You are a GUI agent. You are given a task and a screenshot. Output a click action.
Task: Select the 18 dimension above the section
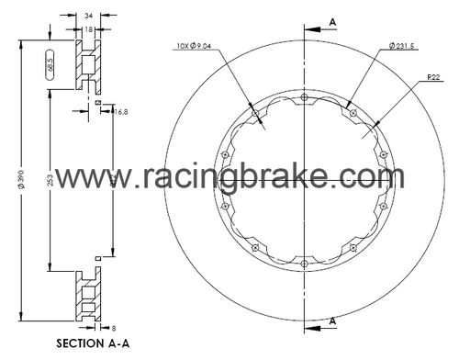(x=87, y=29)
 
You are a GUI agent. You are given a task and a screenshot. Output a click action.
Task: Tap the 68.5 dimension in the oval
(x=50, y=67)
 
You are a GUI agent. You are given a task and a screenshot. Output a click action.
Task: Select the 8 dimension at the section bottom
(x=113, y=327)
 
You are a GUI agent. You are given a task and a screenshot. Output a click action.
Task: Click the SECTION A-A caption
(x=93, y=345)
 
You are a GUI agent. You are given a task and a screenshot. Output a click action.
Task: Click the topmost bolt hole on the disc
(x=304, y=96)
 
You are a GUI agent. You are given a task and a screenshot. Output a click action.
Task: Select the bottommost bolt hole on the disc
(x=304, y=264)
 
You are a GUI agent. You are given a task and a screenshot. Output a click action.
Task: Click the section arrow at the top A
(x=317, y=28)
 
